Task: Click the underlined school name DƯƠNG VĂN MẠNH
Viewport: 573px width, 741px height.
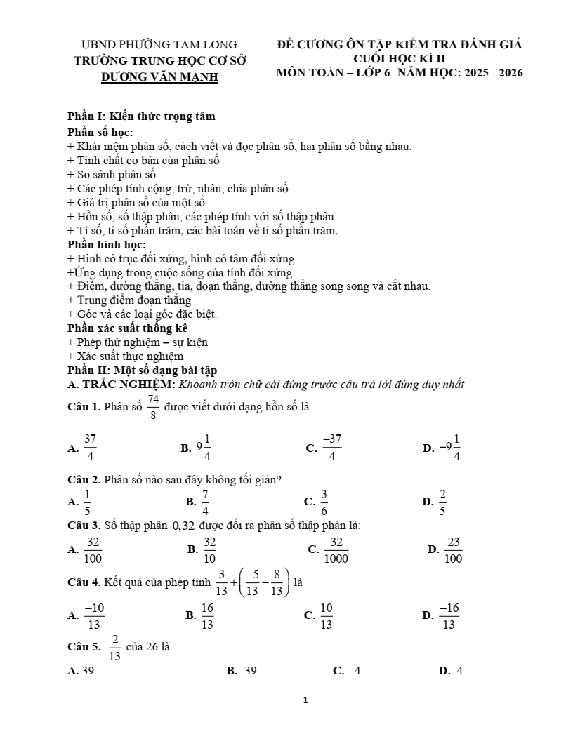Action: pos(159,76)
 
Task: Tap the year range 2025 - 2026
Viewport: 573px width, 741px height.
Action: pos(490,72)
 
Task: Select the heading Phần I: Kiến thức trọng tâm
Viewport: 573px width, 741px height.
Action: pos(141,116)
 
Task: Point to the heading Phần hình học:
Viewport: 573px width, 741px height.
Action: pos(107,244)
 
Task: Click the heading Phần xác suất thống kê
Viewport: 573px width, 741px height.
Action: pos(127,328)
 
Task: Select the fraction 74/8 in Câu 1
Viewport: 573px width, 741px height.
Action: pos(153,406)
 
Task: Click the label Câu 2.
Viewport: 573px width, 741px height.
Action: pos(84,480)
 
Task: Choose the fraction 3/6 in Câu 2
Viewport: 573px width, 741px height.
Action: pos(324,502)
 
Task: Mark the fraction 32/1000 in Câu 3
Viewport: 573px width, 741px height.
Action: pos(336,549)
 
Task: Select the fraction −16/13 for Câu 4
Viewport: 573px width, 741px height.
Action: pos(449,615)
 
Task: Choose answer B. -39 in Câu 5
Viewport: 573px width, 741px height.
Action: pos(242,671)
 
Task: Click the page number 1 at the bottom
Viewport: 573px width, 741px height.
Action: pos(305,700)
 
